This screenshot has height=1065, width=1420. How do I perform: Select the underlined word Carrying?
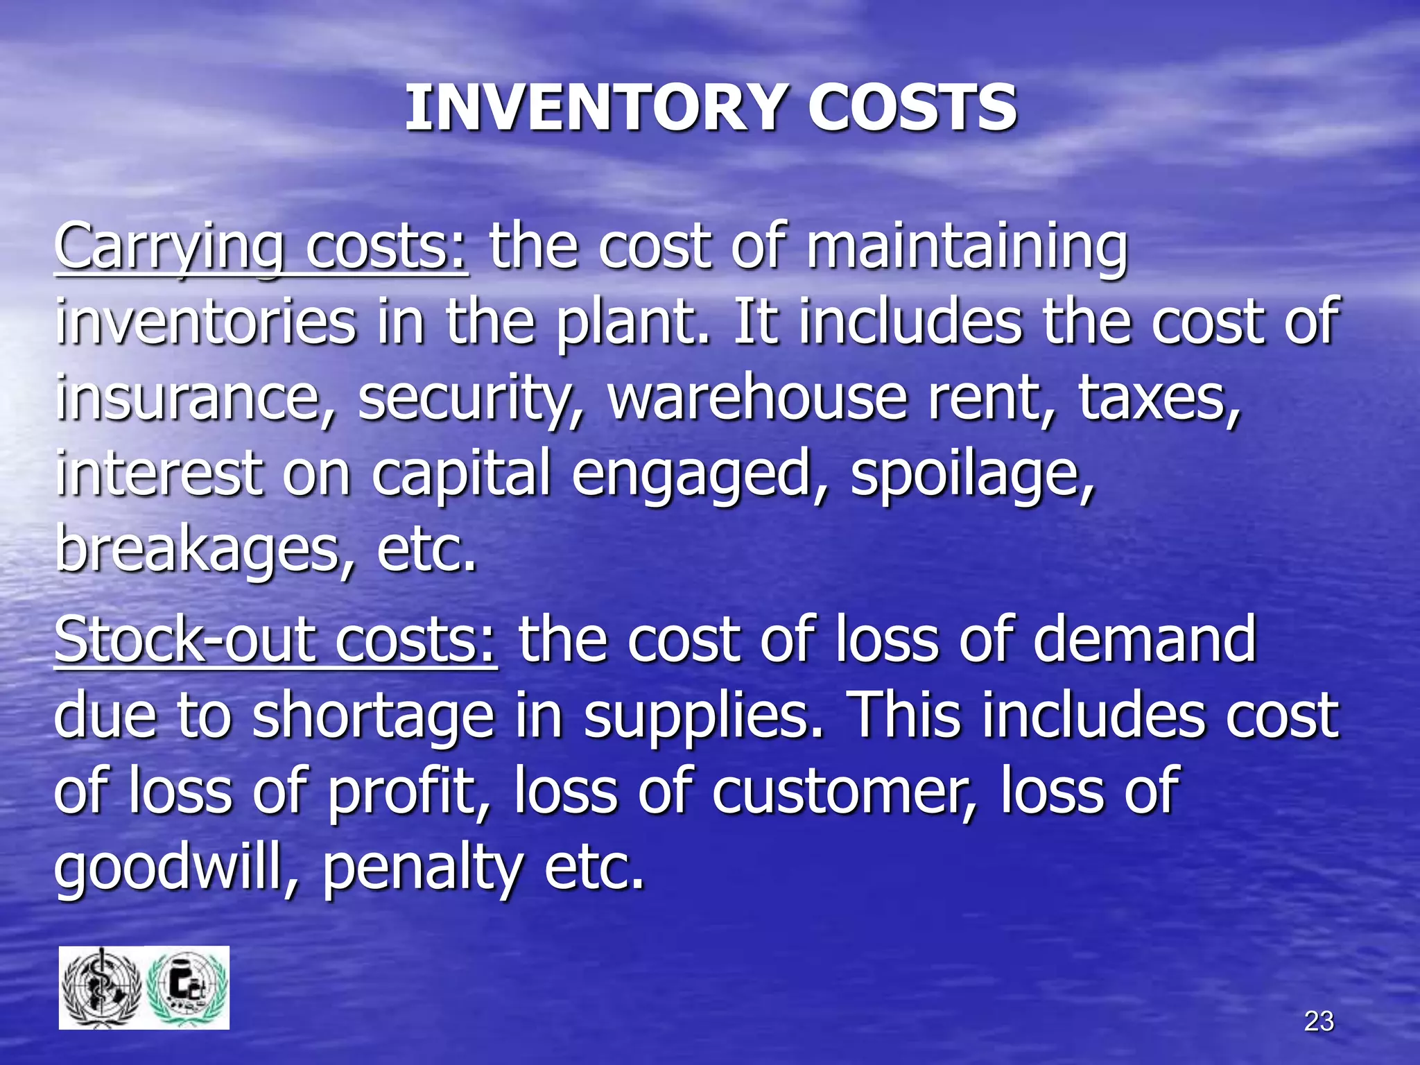pyautogui.click(x=169, y=248)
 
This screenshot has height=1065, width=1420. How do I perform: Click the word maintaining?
pyautogui.click(x=967, y=248)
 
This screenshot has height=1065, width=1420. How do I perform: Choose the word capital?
pyautogui.click(x=461, y=476)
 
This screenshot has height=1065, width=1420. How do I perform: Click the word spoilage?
pyautogui.click(x=972, y=476)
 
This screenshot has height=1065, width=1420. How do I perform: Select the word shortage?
pyautogui.click(x=372, y=717)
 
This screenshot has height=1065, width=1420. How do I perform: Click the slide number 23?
pyautogui.click(x=1319, y=1021)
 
